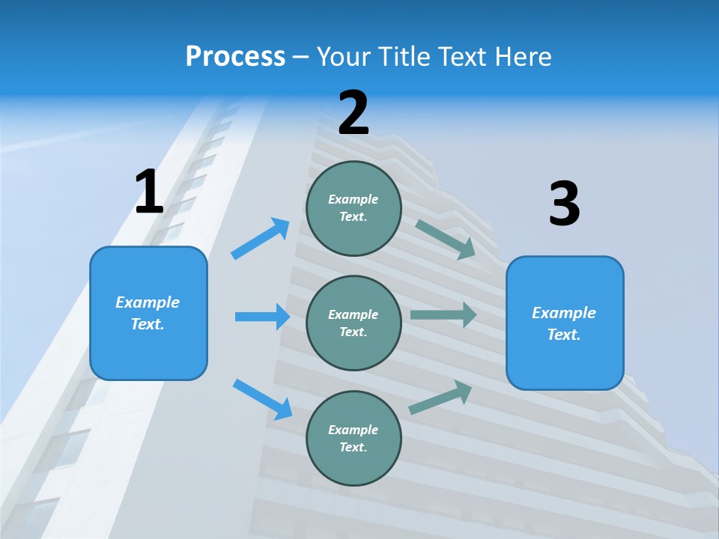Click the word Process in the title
click(235, 56)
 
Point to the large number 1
click(149, 192)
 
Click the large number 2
click(354, 113)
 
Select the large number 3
click(564, 204)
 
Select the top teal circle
click(354, 208)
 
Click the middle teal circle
click(354, 323)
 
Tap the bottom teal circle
click(354, 438)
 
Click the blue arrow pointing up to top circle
click(261, 239)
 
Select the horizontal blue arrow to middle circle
click(262, 317)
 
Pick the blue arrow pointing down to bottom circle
click(263, 399)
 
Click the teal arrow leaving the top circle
click(446, 239)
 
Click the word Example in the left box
click(148, 302)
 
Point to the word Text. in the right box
click(564, 335)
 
